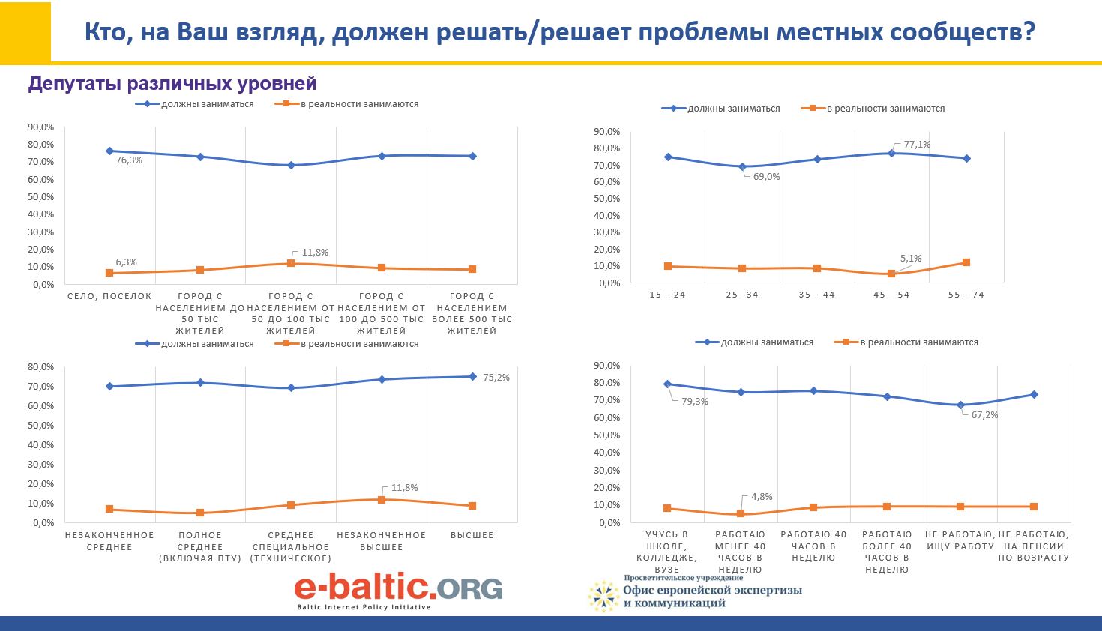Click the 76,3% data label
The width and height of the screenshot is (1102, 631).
129,160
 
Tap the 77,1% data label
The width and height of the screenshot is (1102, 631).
917,145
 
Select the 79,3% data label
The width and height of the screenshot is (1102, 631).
695,402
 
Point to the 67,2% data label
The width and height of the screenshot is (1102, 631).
984,415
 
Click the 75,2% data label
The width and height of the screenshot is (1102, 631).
496,378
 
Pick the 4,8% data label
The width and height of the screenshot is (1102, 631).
762,497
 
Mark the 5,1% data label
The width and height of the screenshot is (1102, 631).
911,259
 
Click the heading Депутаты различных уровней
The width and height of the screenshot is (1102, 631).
172,84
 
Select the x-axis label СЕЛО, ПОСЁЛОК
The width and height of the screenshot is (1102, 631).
109,296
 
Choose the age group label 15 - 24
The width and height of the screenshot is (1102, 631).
667,295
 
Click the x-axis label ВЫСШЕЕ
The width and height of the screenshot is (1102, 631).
472,535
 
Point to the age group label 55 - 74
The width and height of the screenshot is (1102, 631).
966,295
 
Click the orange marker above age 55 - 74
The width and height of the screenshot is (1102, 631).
966,262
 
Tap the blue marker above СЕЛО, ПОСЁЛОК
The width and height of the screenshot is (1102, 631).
109,151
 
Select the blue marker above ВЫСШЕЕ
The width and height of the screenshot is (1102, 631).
472,376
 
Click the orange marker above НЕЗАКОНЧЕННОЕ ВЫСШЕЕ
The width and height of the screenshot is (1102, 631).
382,499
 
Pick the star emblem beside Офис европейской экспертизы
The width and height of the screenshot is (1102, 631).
603,596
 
